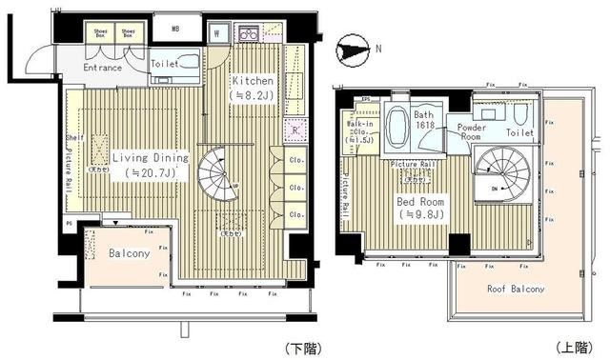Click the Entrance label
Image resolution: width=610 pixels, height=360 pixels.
pos(102,68)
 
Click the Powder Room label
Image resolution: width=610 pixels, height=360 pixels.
pos(472,132)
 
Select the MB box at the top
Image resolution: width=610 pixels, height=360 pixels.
pos(174,30)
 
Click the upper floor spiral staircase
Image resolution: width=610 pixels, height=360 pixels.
pos(499,173)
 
